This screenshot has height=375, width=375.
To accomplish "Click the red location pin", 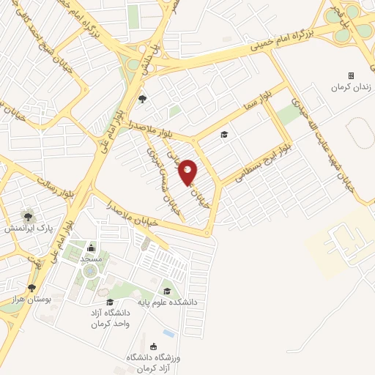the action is (188, 172).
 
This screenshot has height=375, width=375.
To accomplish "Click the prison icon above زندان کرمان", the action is (351, 75).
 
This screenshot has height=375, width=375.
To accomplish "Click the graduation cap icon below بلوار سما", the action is (224, 134).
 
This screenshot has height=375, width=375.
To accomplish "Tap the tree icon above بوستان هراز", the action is (31, 289).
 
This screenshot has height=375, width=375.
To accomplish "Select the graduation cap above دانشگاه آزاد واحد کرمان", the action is (110, 302).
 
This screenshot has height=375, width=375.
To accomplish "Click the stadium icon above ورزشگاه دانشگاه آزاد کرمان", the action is (152, 346).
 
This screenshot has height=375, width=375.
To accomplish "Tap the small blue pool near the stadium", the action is (169, 333).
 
